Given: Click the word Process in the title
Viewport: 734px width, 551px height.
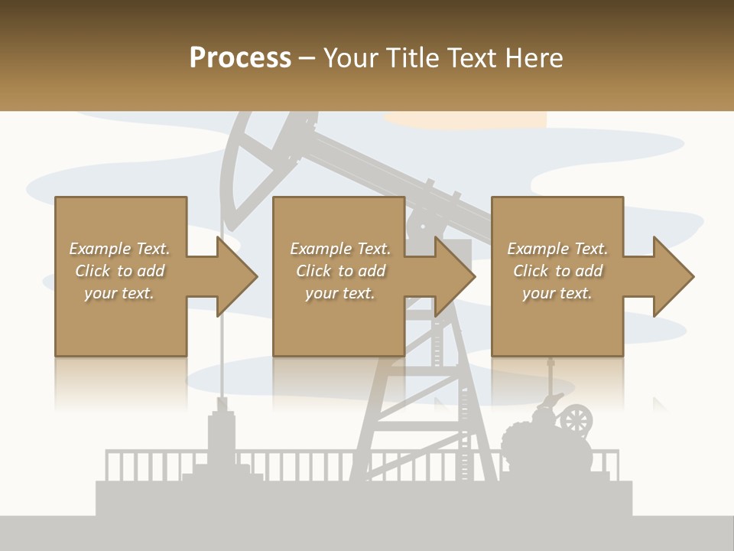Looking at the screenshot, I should (x=240, y=58).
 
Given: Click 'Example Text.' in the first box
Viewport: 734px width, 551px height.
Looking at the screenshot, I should (x=119, y=249).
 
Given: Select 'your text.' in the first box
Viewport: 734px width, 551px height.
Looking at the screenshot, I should (x=119, y=293).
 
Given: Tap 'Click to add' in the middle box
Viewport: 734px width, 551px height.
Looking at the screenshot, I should (x=340, y=271).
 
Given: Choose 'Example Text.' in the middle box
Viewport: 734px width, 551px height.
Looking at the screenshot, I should (x=340, y=249).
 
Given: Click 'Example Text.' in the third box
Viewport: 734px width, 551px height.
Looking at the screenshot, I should (x=557, y=249).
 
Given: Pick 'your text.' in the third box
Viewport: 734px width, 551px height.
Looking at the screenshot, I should (x=557, y=293).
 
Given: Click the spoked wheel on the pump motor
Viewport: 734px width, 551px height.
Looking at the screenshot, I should (x=576, y=419).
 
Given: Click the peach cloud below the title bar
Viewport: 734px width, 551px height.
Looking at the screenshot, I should (x=466, y=119).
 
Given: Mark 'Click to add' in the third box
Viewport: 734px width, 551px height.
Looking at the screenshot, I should (x=557, y=271).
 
